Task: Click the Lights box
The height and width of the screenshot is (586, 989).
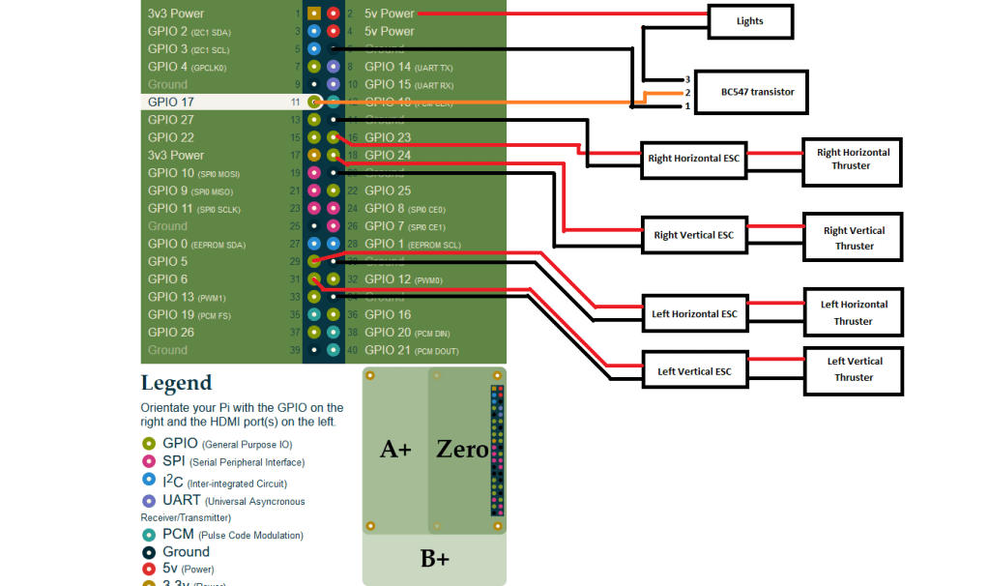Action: click(x=749, y=21)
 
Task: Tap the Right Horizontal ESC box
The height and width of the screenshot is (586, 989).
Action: click(x=694, y=159)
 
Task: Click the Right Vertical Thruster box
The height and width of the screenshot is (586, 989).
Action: click(x=854, y=238)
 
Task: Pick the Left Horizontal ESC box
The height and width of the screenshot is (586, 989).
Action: click(x=694, y=313)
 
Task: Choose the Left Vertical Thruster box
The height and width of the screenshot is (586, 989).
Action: click(x=854, y=369)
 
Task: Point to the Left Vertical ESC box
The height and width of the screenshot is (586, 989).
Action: click(x=694, y=371)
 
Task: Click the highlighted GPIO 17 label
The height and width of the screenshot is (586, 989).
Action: click(x=171, y=102)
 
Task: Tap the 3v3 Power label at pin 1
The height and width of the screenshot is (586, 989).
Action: click(x=176, y=14)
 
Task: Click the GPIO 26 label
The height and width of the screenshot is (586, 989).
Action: click(x=171, y=333)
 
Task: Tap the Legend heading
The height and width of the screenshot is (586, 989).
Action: click(x=176, y=383)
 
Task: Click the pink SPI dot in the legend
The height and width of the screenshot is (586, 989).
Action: click(x=149, y=462)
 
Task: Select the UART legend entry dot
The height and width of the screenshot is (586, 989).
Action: click(x=149, y=501)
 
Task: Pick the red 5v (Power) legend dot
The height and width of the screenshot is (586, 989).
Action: click(x=149, y=570)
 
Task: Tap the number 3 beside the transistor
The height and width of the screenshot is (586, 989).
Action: click(x=687, y=79)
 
